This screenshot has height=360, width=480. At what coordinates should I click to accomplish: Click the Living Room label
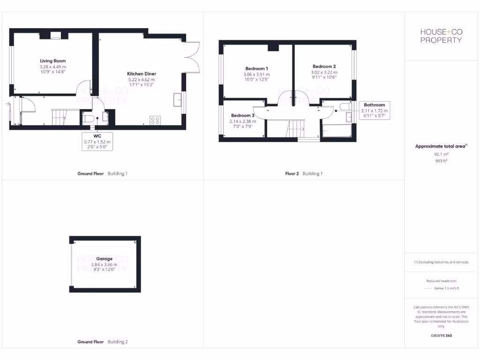(52, 61)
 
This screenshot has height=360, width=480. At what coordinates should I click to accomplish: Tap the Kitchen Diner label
(142, 74)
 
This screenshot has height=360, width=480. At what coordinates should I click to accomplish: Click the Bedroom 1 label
(256, 68)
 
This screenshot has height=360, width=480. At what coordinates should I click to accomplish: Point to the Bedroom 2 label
(324, 67)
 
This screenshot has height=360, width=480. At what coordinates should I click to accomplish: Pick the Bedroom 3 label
(243, 115)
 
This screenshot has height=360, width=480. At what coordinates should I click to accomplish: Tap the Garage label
(104, 259)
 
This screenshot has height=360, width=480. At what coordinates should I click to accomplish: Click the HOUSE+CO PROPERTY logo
(441, 36)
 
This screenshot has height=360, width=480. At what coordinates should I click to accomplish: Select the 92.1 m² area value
(441, 154)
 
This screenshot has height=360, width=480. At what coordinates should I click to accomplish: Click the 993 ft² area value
(441, 161)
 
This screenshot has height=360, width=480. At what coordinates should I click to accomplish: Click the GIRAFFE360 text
(441, 336)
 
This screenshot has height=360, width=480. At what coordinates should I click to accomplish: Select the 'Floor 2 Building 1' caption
(304, 173)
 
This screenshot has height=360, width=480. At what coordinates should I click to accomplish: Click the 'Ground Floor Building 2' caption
(102, 342)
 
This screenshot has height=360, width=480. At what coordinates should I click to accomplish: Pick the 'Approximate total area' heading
(441, 146)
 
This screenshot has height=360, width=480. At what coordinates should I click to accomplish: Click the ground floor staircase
(60, 117)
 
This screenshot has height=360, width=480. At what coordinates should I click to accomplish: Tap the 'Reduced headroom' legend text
(441, 281)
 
